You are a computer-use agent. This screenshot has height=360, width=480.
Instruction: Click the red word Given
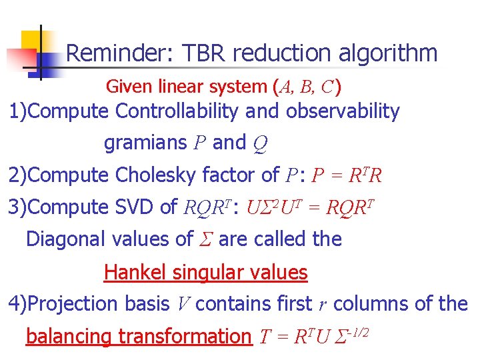point(129,86)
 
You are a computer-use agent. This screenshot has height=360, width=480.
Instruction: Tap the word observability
point(343,111)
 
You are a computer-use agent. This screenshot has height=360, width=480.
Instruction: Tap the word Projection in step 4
point(73,303)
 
